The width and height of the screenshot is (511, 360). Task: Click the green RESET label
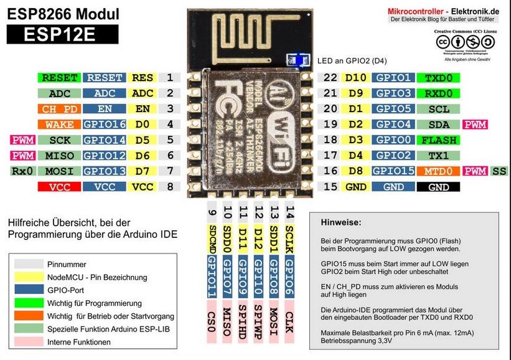tap(59, 78)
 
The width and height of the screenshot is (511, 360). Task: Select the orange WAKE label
tap(59, 125)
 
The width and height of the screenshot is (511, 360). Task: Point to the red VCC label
tap(59, 186)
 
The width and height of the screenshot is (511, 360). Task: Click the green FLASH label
tap(439, 140)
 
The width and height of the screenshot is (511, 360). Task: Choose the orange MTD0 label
tap(439, 171)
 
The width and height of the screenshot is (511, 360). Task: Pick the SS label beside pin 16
tap(499, 171)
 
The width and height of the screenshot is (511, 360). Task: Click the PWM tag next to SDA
tap(476, 125)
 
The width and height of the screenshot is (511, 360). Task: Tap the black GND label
tap(439, 186)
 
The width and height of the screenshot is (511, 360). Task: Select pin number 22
tap(330, 78)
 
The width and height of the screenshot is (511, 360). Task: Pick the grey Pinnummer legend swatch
tap(29, 264)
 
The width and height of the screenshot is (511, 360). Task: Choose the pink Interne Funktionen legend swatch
tap(29, 342)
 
